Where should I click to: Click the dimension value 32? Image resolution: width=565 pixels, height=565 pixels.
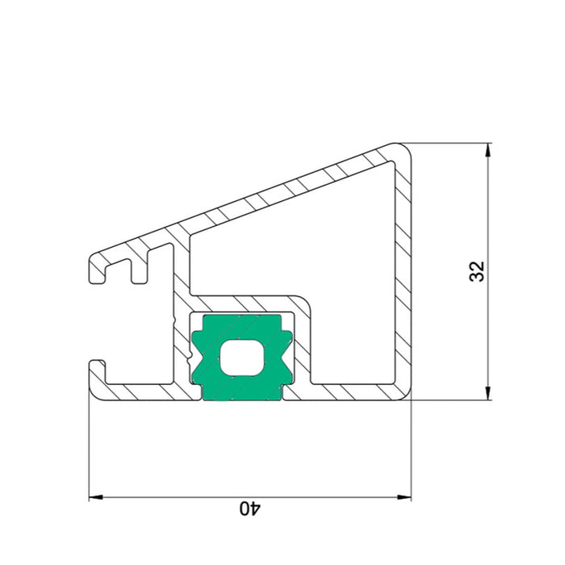coord(478,271)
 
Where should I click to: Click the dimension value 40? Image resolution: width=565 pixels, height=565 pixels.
coord(250,508)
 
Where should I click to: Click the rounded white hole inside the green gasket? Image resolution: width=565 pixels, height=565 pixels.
coord(242,357)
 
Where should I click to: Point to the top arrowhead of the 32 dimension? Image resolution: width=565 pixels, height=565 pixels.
coord(488,150)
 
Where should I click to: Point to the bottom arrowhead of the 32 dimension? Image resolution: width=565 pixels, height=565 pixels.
coord(488,394)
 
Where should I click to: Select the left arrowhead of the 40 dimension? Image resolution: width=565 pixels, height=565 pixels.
coord(96,497)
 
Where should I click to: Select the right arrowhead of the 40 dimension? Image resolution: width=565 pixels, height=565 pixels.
coord(404,497)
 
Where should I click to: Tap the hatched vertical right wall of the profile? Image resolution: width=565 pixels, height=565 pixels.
coord(404,274)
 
